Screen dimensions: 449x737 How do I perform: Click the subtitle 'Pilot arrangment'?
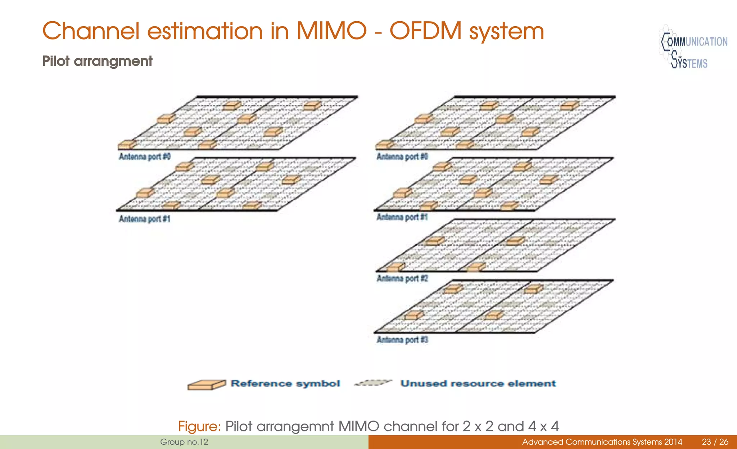pos(97,61)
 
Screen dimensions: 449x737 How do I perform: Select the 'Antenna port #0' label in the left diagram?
pos(145,157)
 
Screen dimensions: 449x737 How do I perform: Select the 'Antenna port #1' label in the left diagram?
pos(145,219)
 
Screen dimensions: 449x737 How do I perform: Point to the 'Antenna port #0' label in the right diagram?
pos(402,157)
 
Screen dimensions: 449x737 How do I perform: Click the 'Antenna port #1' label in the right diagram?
pos(402,217)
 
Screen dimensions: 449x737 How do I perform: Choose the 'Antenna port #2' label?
pos(402,278)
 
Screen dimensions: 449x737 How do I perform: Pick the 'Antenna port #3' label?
pos(402,340)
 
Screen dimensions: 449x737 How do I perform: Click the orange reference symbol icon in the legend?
pos(207,385)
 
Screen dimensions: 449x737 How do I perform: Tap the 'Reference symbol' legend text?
pos(285,384)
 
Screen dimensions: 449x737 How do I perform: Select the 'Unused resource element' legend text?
pos(478,384)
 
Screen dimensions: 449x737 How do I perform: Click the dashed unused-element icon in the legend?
pos(373,383)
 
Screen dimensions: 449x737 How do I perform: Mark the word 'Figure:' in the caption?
pos(199,426)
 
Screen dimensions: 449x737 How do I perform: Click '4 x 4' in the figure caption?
pos(543,426)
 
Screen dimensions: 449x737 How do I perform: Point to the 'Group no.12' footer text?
pos(184,442)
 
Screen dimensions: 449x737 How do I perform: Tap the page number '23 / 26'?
pos(715,442)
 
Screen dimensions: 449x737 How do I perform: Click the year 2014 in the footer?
pos(672,442)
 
